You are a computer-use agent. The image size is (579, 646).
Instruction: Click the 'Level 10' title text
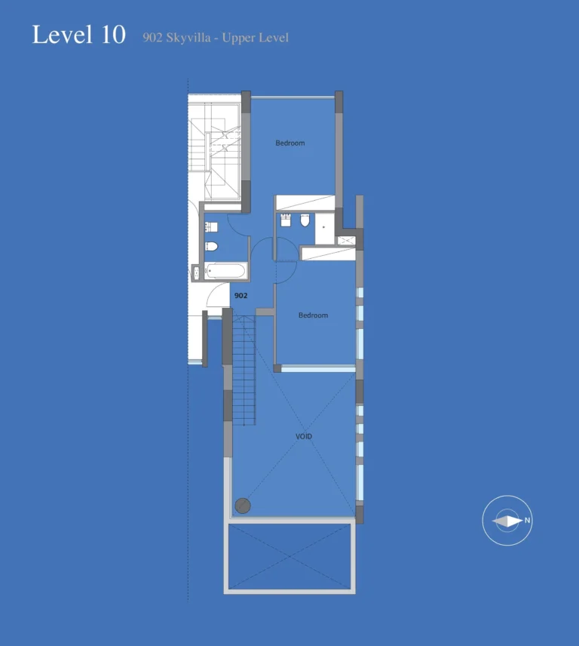coord(78,35)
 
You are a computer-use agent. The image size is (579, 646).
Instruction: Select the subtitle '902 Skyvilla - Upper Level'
coord(216,37)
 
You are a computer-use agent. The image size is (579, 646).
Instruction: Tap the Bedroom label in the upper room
coord(290,143)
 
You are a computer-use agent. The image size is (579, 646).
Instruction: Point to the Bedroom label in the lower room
coord(313,315)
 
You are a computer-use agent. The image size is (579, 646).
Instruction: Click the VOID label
coord(304,436)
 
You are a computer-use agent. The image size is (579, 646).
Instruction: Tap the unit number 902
coord(240,296)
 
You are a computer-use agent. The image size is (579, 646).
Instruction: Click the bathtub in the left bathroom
coord(225,270)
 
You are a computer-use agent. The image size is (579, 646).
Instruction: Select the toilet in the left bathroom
coord(212,246)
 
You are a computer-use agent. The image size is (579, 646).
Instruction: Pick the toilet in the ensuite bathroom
coord(305,221)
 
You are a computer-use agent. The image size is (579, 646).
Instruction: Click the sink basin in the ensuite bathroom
coord(286,220)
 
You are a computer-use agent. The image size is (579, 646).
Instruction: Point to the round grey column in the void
coord(243,506)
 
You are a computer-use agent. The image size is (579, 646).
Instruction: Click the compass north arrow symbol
coord(507,521)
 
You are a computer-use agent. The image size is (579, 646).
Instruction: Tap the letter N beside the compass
coord(528,521)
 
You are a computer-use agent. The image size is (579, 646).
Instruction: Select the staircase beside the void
coord(244,370)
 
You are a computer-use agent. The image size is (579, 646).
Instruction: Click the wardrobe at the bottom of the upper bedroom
coord(305,202)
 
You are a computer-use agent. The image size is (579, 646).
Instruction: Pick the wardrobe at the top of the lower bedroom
coord(326,253)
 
